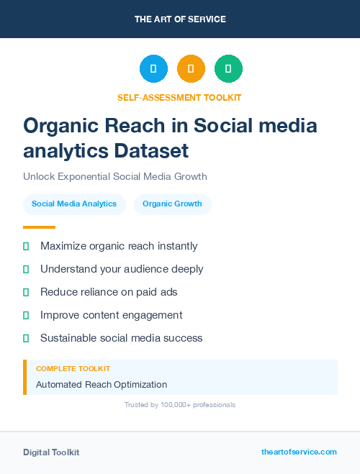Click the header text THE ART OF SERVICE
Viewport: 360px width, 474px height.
click(x=180, y=19)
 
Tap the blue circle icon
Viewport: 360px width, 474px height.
click(x=153, y=69)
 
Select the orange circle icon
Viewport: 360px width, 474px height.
click(x=191, y=69)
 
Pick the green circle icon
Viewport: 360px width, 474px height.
click(x=228, y=69)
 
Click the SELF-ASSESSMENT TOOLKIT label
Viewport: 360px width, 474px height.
click(x=179, y=97)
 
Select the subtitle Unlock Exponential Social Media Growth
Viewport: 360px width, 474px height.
click(x=115, y=176)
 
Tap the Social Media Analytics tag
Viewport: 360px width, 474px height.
click(x=74, y=204)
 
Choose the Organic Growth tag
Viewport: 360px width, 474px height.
click(x=173, y=204)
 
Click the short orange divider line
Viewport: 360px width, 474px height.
click(x=39, y=227)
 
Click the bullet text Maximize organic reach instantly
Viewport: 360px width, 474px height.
click(x=119, y=246)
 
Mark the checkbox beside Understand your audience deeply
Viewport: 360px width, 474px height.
click(x=26, y=269)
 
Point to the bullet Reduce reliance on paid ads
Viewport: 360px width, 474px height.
click(x=109, y=292)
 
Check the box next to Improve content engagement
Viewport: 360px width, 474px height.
click(x=26, y=315)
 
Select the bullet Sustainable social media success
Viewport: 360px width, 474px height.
click(x=122, y=338)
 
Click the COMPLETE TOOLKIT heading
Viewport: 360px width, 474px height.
click(x=73, y=368)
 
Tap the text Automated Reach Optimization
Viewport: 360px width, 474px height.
click(x=102, y=385)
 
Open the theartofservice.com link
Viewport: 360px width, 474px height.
click(x=299, y=452)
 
